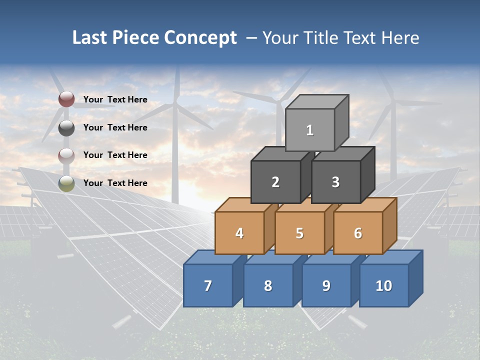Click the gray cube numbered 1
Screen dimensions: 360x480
pyautogui.click(x=310, y=130)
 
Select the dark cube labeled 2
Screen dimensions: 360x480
pyautogui.click(x=275, y=182)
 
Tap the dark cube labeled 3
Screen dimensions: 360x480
pyautogui.click(x=335, y=182)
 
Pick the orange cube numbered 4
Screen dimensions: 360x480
pyautogui.click(x=239, y=233)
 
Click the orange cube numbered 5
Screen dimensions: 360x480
pyautogui.click(x=299, y=233)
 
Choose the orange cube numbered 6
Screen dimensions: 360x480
pyautogui.click(x=358, y=233)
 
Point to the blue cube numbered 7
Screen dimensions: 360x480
pyautogui.click(x=208, y=285)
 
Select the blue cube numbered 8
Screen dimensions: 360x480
pyautogui.click(x=268, y=285)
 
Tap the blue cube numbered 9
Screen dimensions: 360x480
pyautogui.click(x=326, y=285)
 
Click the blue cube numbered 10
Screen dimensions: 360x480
pyautogui.click(x=384, y=285)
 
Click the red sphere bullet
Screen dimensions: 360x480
pyautogui.click(x=66, y=99)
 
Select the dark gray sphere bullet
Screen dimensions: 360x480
pyautogui.click(x=66, y=127)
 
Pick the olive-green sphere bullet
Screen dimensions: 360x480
pyautogui.click(x=66, y=183)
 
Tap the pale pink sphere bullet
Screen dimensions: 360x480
pyautogui.click(x=66, y=155)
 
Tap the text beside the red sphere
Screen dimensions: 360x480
pyautogui.click(x=115, y=99)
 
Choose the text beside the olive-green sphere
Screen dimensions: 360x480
pyautogui.click(x=115, y=183)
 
